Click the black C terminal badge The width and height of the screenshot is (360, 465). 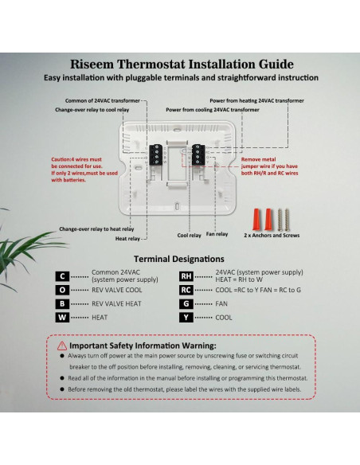pos(61,276)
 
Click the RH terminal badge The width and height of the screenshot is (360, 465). pos(186,276)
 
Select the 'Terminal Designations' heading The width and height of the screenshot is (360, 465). pos(178,259)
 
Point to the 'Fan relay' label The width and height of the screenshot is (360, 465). pos(217,234)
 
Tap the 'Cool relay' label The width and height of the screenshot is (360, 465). pos(189,235)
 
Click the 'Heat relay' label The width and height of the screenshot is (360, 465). pos(127,238)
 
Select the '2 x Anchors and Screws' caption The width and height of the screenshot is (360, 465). pos(271,236)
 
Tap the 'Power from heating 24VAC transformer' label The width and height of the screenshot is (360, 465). pos(256,101)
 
